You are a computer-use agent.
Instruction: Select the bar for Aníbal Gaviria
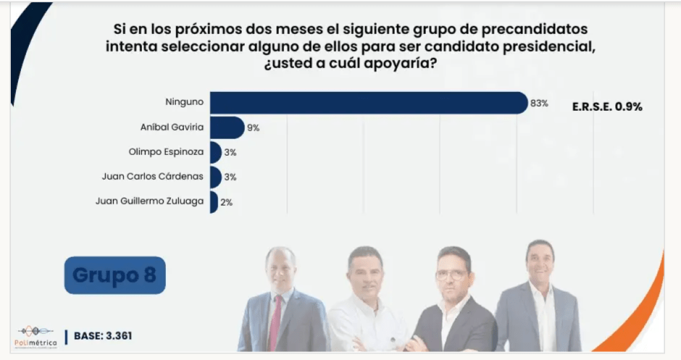coord(227,127)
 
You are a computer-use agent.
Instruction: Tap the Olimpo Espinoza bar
coord(215,152)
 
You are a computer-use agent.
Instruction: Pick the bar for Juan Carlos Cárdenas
coord(215,177)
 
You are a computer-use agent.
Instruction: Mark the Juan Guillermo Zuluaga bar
coord(214,201)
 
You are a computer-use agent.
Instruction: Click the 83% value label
coord(539,104)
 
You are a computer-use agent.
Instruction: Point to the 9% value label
coord(254,128)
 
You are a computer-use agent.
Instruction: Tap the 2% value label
coord(226,202)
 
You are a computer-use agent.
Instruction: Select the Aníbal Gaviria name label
coord(172,127)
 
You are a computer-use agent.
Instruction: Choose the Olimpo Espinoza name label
coord(166,152)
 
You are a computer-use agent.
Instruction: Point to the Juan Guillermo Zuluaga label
coord(149,201)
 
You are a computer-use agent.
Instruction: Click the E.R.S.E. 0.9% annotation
coord(608,106)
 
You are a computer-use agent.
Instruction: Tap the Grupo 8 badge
coord(114,275)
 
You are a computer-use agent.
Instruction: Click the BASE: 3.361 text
coord(103,336)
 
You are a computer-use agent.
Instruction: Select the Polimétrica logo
coord(35,335)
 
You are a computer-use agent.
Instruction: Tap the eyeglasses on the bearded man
coord(451,275)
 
